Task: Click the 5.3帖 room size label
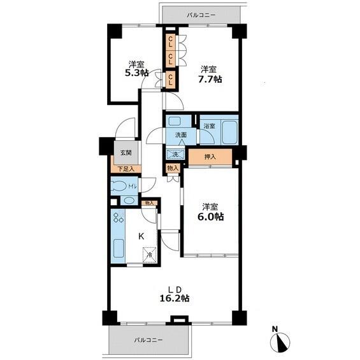click(136, 73)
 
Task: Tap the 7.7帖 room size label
click(210, 79)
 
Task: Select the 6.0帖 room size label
click(211, 217)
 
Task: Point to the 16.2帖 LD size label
click(174, 298)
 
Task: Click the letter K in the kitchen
click(141, 236)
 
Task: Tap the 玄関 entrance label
click(126, 152)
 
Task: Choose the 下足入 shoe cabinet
click(126, 169)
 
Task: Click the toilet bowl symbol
click(119, 186)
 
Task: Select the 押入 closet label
click(210, 157)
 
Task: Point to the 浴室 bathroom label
click(210, 126)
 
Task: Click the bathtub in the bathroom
click(229, 132)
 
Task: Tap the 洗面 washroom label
click(181, 135)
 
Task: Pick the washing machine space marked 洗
click(175, 154)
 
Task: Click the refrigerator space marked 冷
click(150, 255)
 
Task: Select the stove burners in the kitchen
click(119, 217)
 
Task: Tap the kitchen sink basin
click(119, 248)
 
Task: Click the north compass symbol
click(280, 341)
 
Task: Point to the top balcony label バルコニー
click(201, 15)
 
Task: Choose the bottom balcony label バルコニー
click(148, 340)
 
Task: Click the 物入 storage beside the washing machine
click(173, 168)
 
